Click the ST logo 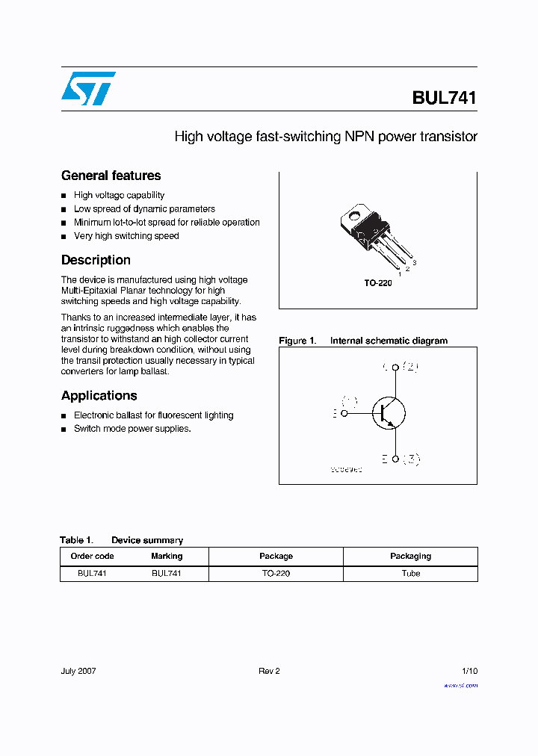coord(88,89)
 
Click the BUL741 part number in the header coord(444,98)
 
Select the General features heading coord(111,176)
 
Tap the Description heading coord(96,261)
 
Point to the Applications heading coord(99,396)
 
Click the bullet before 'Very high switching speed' coord(64,237)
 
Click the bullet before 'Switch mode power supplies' coord(64,430)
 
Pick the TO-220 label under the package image coord(377,284)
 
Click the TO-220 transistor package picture coord(374,235)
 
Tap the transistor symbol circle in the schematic coord(389,413)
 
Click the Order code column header coord(92,557)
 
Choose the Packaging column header coord(410,557)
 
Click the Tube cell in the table coord(410,574)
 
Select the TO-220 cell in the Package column coord(276,574)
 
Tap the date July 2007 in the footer coord(78,671)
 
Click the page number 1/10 coord(469,671)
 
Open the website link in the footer coord(460,685)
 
